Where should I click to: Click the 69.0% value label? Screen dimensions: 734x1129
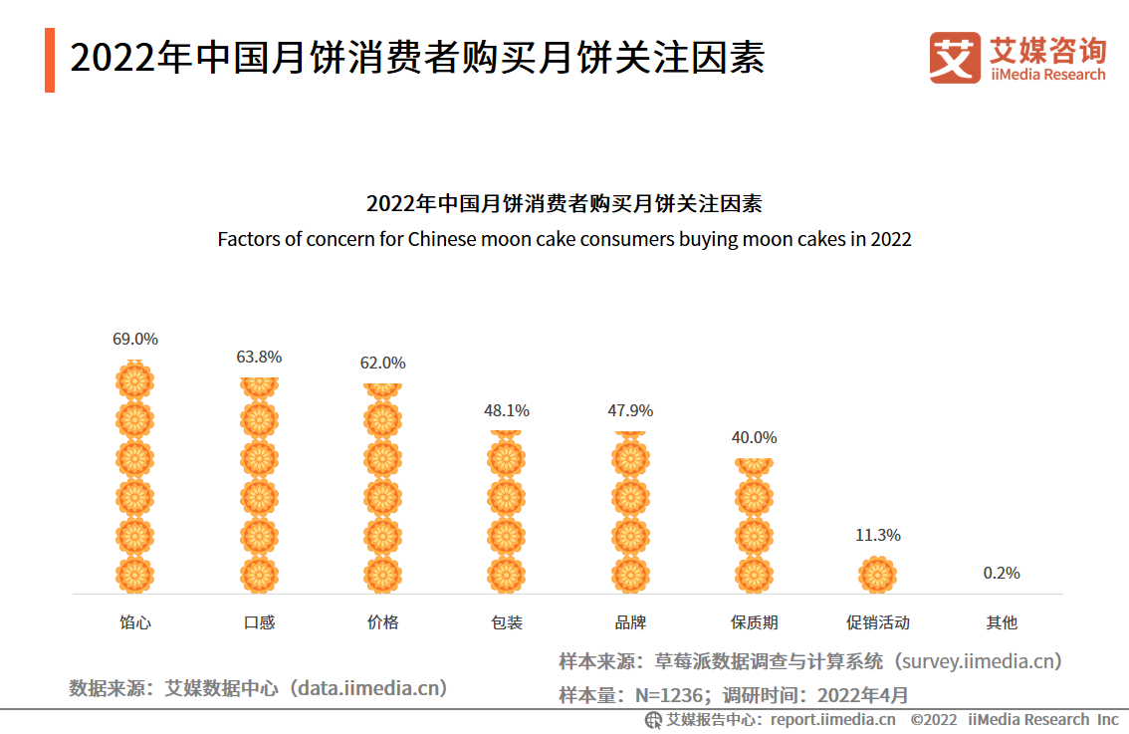(135, 339)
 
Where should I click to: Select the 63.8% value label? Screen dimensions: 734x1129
(259, 357)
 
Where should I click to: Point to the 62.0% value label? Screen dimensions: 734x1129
(382, 363)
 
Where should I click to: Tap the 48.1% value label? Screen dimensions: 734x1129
(506, 410)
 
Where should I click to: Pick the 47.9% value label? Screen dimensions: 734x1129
(630, 410)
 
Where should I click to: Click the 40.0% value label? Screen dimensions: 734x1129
(754, 437)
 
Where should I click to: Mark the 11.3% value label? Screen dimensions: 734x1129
(877, 535)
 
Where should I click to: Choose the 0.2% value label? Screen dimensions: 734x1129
(1001, 573)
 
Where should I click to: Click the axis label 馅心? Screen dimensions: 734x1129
(135, 622)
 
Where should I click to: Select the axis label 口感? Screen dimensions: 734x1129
(259, 622)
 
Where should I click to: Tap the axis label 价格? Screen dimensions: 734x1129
(382, 622)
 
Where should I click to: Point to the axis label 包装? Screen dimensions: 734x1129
(506, 622)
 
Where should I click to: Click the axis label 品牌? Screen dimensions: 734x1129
(630, 622)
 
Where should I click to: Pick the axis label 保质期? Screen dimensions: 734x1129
(754, 622)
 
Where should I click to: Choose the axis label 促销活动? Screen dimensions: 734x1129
(877, 622)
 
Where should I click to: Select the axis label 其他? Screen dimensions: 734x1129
(1001, 622)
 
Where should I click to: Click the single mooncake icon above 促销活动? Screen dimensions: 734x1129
(877, 575)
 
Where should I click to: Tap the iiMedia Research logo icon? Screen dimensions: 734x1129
(954, 58)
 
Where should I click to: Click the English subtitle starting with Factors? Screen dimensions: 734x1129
(564, 239)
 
